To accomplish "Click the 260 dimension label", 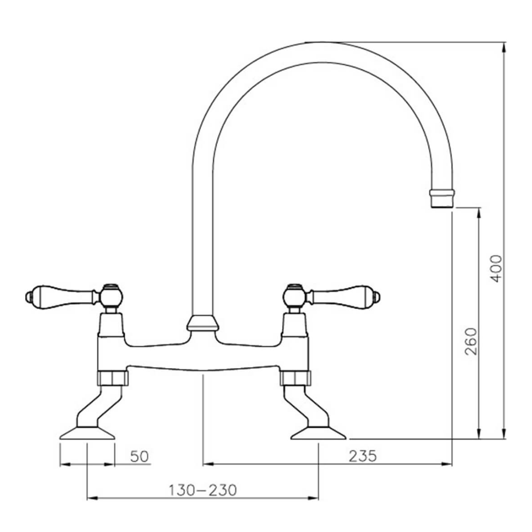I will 471,341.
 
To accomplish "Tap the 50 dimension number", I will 139,457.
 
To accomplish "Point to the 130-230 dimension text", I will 202,490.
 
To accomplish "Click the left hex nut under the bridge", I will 113,378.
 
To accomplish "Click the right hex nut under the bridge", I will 296,378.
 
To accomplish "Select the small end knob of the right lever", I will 378,296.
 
